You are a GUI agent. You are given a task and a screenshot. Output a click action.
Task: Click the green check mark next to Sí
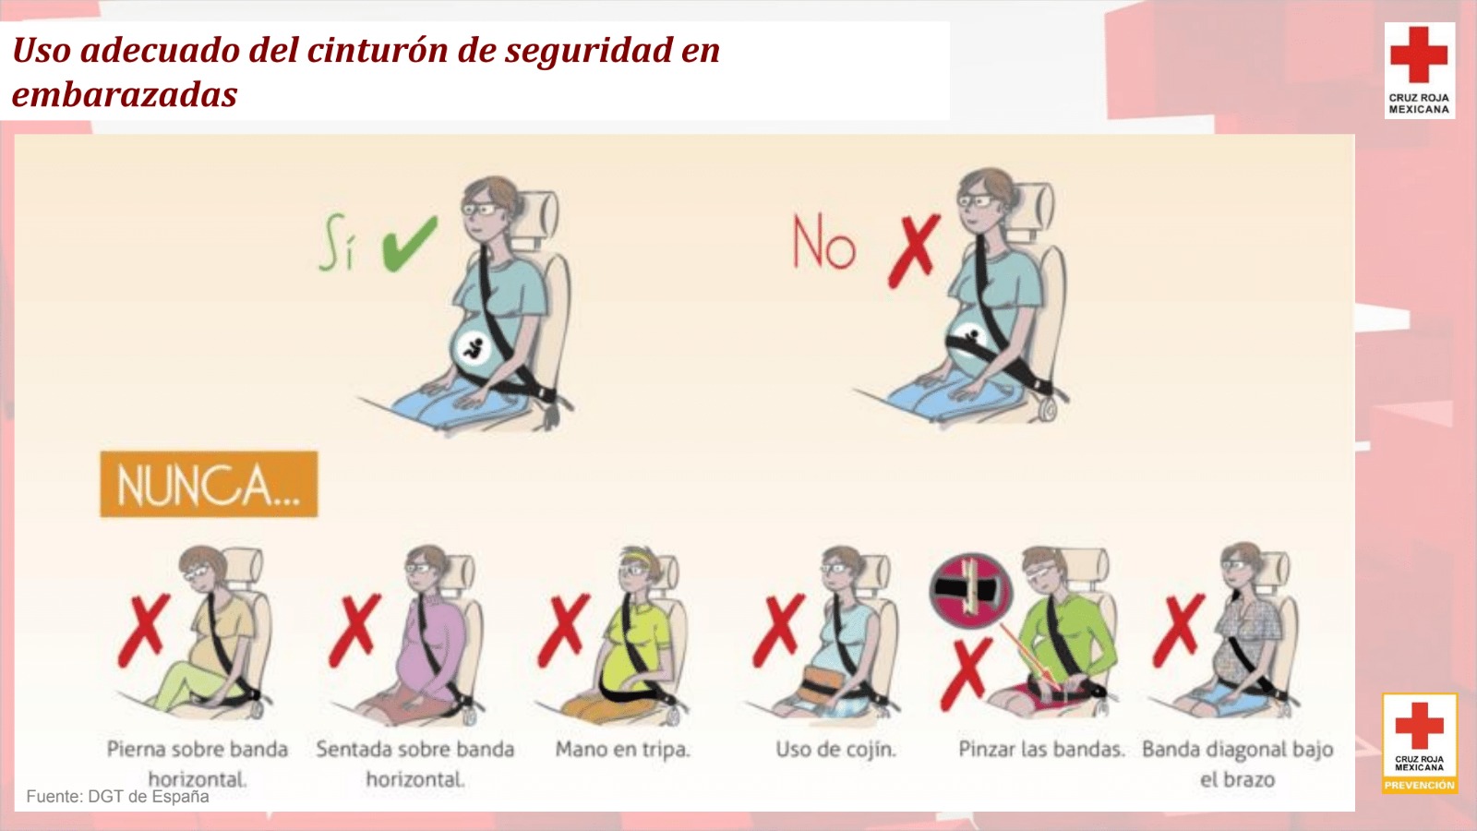point(409,244)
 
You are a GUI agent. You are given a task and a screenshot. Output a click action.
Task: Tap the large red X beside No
point(914,251)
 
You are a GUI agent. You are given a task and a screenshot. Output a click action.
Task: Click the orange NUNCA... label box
point(209,484)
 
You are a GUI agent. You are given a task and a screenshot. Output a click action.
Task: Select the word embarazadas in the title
point(125,94)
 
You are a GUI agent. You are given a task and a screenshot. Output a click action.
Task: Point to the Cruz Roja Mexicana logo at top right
point(1419,70)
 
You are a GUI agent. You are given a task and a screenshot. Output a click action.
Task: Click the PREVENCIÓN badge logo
point(1420,743)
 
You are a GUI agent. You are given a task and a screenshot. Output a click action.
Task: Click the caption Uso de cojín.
point(835,750)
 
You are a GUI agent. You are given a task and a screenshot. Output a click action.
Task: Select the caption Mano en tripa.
point(622,750)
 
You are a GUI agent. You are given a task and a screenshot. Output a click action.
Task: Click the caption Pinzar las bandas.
point(1041,750)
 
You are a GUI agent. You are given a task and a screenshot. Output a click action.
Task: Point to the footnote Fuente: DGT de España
point(117,797)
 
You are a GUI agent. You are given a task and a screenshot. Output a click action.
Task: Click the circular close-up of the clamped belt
point(970,590)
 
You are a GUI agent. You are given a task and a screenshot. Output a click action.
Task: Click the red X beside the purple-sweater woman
point(355,630)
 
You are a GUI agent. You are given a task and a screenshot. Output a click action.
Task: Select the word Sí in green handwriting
point(338,242)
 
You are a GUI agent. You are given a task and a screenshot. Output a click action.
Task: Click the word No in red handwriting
point(823,243)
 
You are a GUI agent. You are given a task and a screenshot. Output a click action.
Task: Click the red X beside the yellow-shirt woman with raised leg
point(144,630)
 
